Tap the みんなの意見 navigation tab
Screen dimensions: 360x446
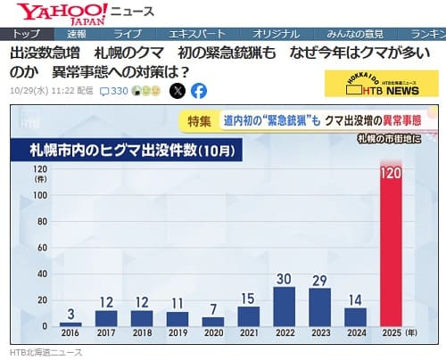[x=350, y=33]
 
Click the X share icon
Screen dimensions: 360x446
[x=178, y=91]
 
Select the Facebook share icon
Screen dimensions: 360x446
[x=198, y=91]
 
